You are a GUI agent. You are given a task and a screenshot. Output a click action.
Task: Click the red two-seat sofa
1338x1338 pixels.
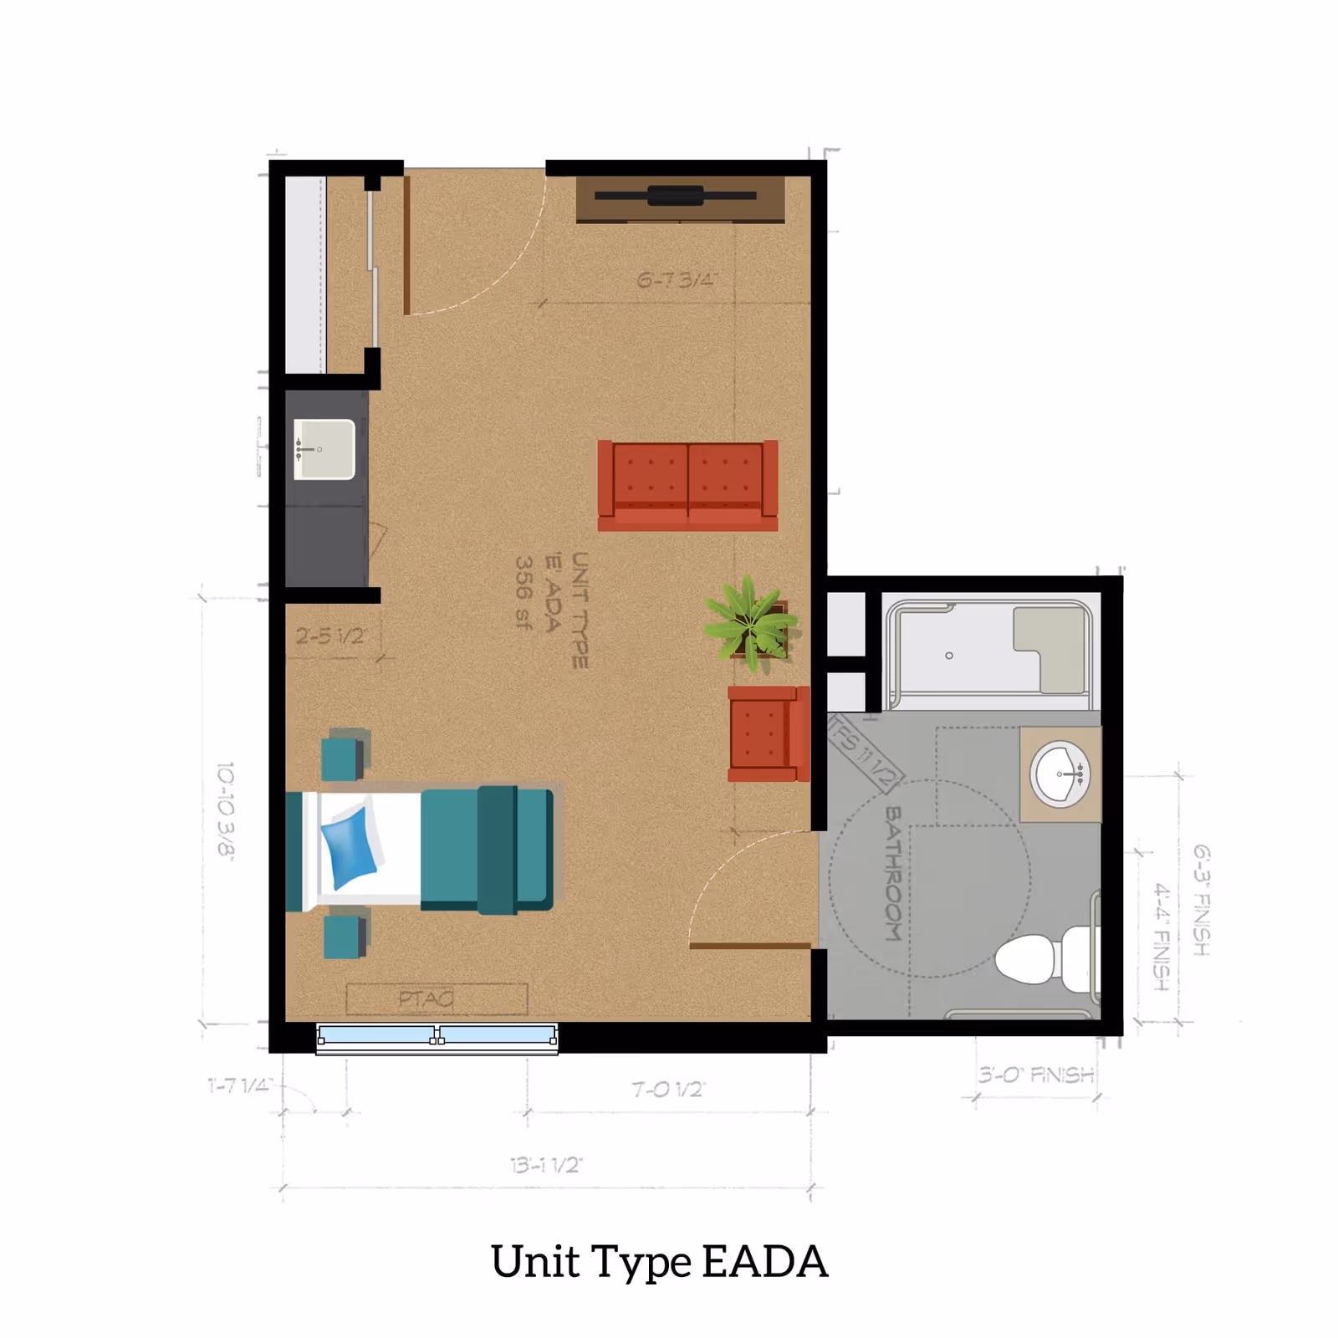coord(687,485)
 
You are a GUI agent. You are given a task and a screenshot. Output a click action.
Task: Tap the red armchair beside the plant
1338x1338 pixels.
coord(768,734)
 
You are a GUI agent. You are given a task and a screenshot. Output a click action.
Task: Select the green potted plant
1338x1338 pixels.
coord(750,623)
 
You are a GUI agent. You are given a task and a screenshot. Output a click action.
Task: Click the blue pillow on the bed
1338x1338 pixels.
coord(349,846)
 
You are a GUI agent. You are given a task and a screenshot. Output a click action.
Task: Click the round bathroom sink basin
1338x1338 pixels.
coord(1060,774)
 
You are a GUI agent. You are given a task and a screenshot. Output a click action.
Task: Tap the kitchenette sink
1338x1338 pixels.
coord(324,449)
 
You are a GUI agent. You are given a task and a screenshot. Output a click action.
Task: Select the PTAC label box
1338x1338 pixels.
coord(437,998)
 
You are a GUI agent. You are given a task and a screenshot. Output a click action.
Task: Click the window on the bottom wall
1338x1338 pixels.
coord(437,1037)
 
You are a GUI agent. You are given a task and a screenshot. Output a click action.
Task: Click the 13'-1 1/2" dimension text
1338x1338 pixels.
coord(546,1165)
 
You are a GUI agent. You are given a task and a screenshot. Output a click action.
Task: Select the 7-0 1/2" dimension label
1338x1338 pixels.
coord(668,1089)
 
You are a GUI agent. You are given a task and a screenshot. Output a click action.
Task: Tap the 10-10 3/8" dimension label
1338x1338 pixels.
coord(226,809)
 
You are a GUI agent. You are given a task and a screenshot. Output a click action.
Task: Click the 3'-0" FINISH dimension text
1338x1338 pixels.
coord(1036,1075)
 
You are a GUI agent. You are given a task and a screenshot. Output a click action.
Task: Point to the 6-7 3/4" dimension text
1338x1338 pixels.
coord(676,279)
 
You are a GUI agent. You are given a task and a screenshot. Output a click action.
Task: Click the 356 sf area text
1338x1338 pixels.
coord(523,592)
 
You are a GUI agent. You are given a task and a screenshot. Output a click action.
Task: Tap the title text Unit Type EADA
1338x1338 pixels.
coord(659,1261)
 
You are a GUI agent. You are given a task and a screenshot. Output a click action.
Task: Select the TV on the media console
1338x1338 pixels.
coord(676,196)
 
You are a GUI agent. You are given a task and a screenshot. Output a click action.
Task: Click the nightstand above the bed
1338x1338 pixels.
coord(344,755)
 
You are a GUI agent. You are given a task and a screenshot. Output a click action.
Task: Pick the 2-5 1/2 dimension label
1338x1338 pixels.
coord(329,636)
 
